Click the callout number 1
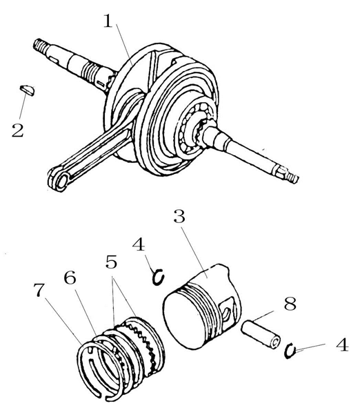108,21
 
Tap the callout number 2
18,130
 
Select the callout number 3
179,217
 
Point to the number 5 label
112,262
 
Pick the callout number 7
39,290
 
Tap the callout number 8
290,303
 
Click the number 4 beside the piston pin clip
342,344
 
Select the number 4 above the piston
139,244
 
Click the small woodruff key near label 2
27,90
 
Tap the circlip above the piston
158,277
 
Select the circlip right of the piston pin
289,351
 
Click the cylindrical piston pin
261,334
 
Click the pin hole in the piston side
227,312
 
